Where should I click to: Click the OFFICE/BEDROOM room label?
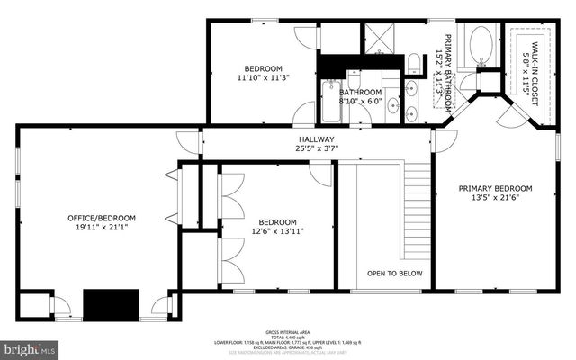coord(102,218)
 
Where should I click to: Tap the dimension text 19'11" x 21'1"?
coord(102,229)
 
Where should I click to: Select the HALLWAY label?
coord(317,139)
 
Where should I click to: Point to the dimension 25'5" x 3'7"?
coord(317,149)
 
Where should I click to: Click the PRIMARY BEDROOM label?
coord(495,189)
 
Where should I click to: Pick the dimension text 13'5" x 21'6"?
coord(495,199)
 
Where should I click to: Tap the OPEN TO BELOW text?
coord(394,273)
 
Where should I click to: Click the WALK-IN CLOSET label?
coord(535,63)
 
